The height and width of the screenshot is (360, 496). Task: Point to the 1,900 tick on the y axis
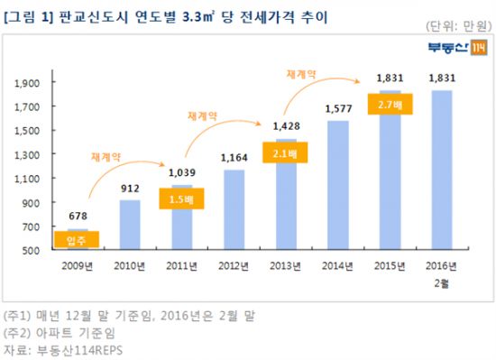31,84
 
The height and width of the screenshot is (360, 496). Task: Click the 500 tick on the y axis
36,250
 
